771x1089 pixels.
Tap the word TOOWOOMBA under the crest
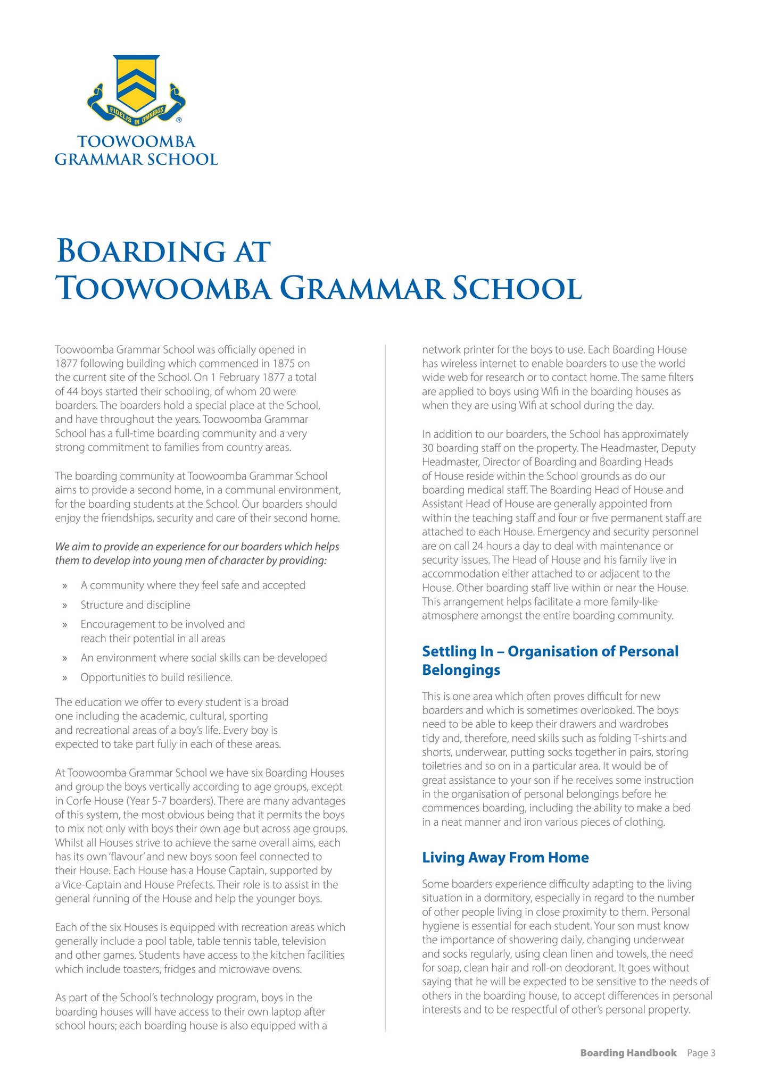[136, 141]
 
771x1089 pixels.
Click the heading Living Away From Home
[505, 857]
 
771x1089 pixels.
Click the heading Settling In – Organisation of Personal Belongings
[550, 660]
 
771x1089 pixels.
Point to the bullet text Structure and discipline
[135, 605]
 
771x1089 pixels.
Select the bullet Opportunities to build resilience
[156, 677]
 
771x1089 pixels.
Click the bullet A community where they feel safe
[193, 585]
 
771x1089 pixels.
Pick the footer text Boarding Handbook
[628, 1053]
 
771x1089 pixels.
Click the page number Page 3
[701, 1053]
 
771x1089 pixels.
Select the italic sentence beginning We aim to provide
[197, 554]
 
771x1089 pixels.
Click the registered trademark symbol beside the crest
[179, 120]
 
